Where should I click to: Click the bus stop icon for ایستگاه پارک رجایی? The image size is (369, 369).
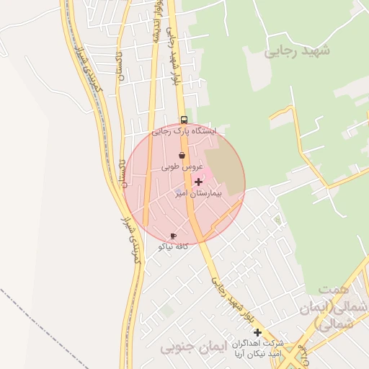184,120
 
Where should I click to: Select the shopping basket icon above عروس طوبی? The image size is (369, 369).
182,155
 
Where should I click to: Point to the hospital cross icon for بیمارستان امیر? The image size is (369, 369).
199,182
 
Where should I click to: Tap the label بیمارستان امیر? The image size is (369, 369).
197,194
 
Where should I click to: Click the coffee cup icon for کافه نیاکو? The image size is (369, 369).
173,236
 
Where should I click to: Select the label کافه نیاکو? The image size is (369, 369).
174,246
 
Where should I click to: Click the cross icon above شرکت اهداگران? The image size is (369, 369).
257,332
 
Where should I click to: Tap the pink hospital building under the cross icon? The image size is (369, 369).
204,175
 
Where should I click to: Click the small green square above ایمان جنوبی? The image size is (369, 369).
167,310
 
